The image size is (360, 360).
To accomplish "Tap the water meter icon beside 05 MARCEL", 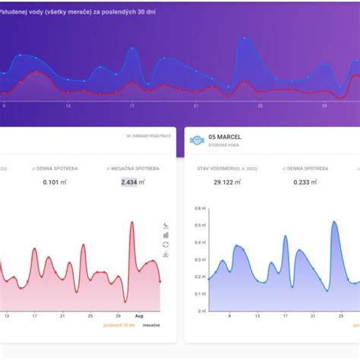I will pos(196,141).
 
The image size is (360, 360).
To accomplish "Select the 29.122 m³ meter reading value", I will pos(227,182).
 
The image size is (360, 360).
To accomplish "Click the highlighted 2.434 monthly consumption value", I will pos(128,182).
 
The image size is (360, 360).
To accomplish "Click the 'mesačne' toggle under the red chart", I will pos(150,325).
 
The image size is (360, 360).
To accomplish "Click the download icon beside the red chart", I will pos(166,254).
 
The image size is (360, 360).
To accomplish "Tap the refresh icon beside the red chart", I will pos(166,245).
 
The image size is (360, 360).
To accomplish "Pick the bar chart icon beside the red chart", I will pos(166,235).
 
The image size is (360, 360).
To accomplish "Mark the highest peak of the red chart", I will pos(132,222).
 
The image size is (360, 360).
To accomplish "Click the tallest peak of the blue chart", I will pos(334,222).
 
